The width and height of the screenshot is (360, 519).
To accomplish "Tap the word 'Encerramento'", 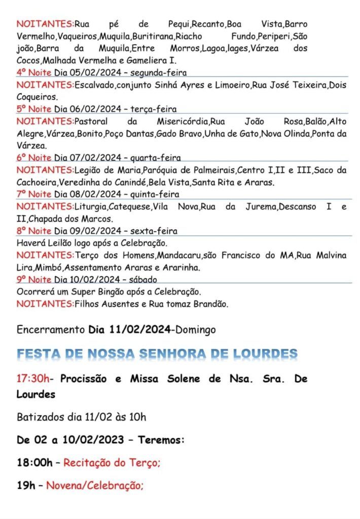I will click(x=49, y=330).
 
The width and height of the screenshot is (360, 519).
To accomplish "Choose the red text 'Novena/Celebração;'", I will click(x=95, y=486).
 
